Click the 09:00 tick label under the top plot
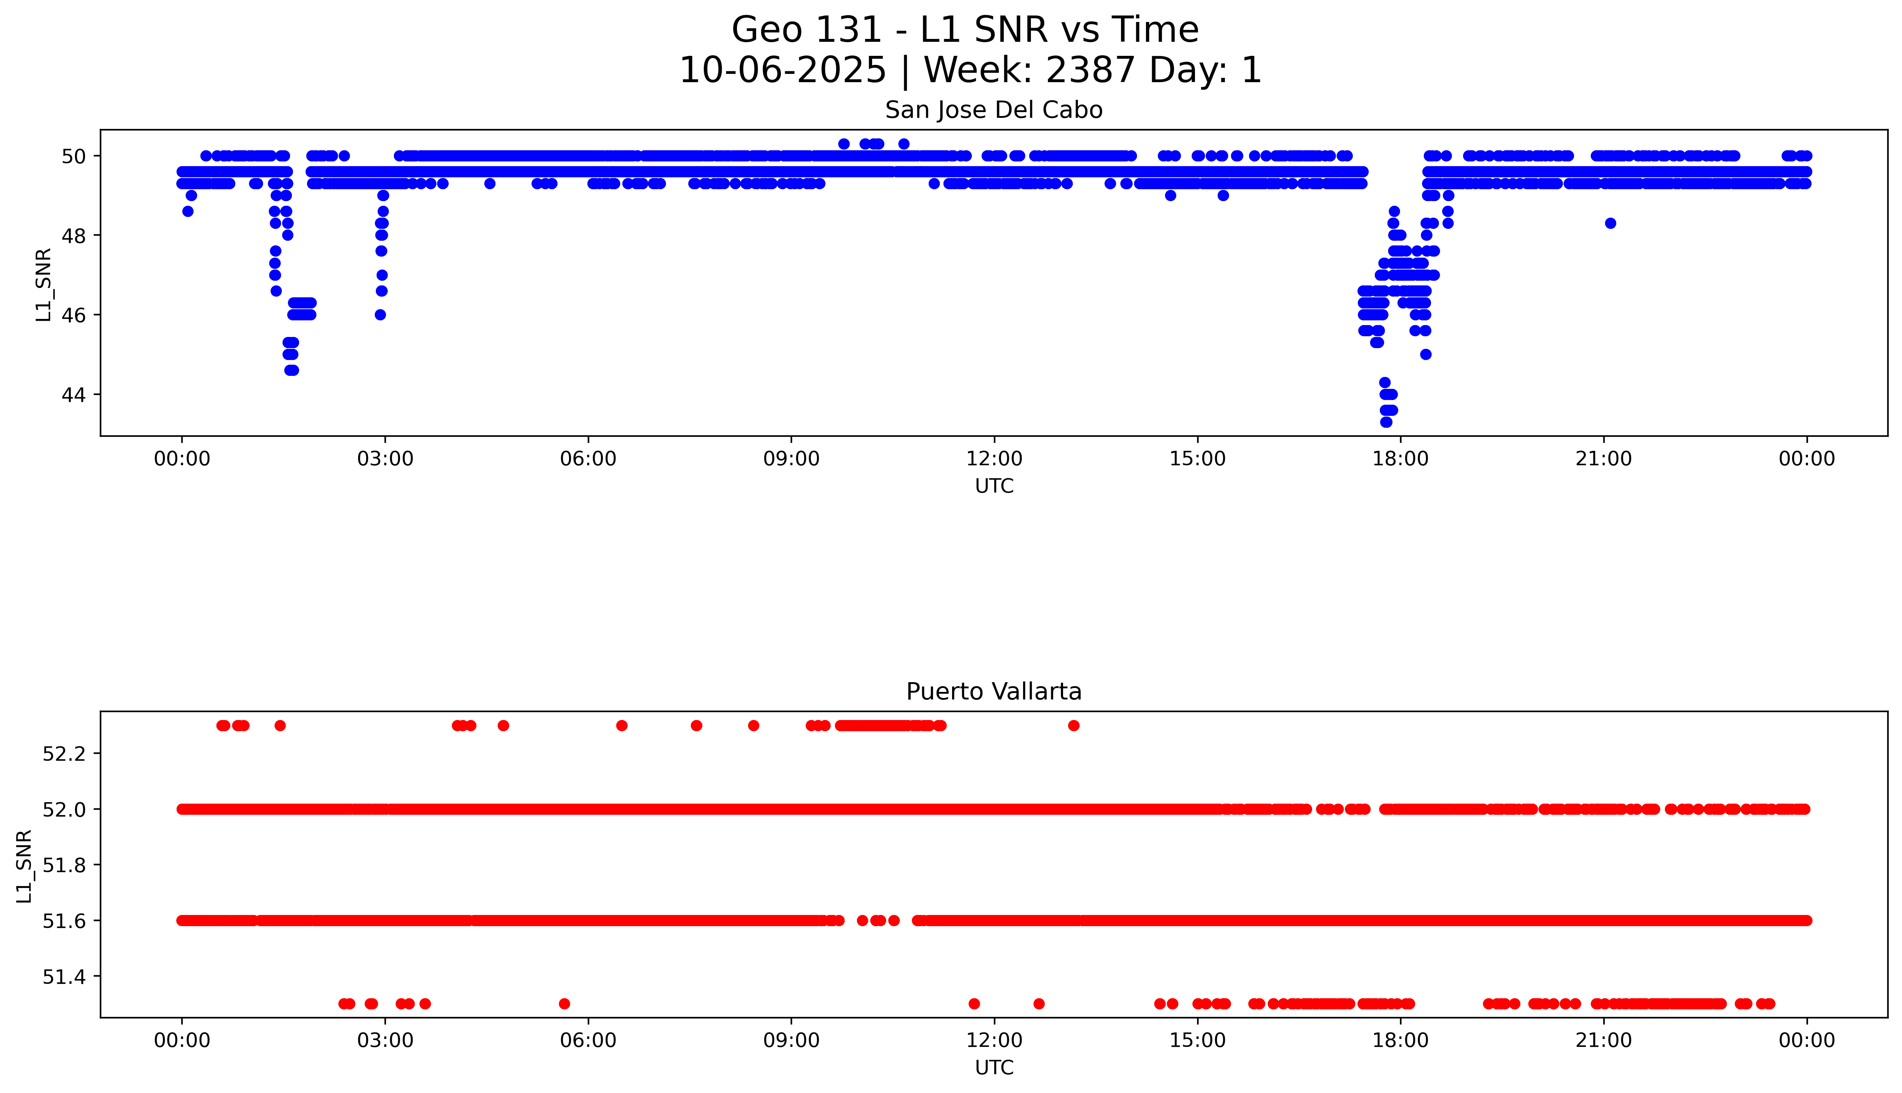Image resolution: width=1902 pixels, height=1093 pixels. pos(791,459)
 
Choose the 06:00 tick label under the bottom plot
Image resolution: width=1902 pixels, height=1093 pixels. pos(588,1040)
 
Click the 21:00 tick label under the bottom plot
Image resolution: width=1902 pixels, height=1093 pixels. pos(1603,1040)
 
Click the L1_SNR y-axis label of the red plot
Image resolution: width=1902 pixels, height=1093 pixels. pos(25,866)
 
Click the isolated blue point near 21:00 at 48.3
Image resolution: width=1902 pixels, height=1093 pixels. pos(1610,223)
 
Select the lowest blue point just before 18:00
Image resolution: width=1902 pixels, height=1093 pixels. pos(1386,422)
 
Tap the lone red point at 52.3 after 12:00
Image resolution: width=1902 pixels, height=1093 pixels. pos(1074,725)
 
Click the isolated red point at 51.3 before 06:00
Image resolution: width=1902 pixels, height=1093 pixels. pos(564,1004)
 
